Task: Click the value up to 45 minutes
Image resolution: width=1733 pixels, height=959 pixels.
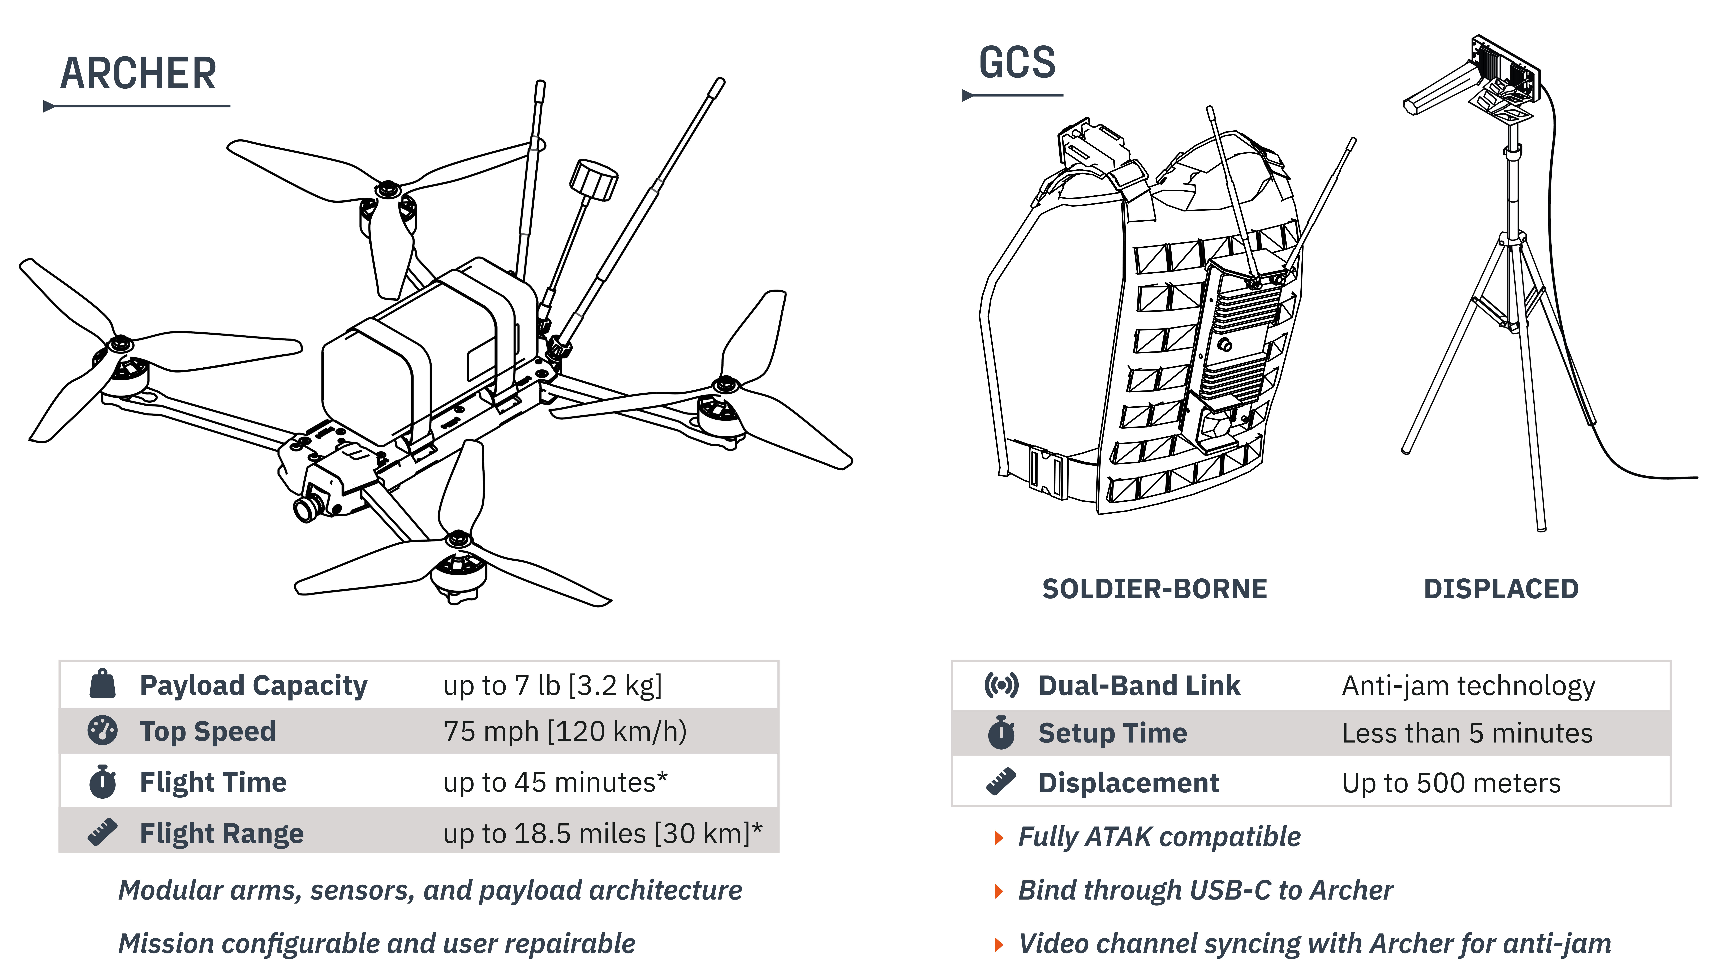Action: tap(555, 782)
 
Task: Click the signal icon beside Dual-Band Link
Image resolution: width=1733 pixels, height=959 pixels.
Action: tap(1001, 685)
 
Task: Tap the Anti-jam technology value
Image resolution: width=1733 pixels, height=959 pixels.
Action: tap(1468, 686)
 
